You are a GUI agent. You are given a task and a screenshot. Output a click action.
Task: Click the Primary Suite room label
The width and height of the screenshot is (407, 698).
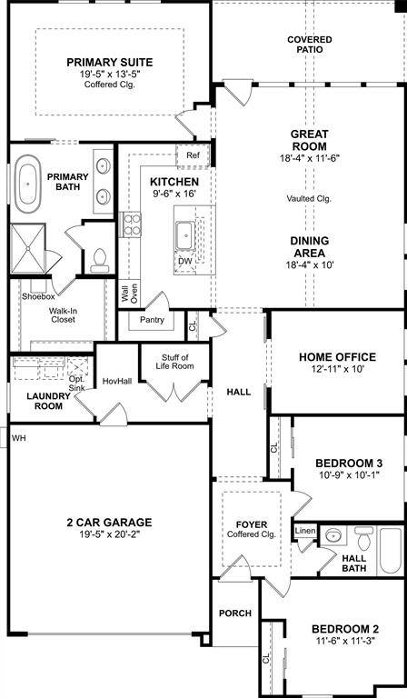tap(109, 63)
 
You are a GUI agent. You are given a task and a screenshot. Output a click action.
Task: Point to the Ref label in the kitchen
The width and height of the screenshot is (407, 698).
tap(193, 155)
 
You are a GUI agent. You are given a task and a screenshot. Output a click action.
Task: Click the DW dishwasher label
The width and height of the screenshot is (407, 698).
tap(185, 261)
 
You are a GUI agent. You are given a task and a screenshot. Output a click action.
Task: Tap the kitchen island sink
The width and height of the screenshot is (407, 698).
tap(187, 235)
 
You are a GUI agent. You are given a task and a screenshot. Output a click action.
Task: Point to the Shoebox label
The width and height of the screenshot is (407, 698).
tap(38, 296)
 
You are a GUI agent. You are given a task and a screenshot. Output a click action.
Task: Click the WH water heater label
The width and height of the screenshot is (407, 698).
tap(18, 438)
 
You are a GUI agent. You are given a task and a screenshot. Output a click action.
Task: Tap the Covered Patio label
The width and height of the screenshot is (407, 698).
tap(309, 45)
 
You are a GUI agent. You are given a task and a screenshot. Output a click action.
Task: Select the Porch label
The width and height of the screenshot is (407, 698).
tap(235, 613)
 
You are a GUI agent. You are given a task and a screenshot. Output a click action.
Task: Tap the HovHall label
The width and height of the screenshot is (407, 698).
tap(117, 381)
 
